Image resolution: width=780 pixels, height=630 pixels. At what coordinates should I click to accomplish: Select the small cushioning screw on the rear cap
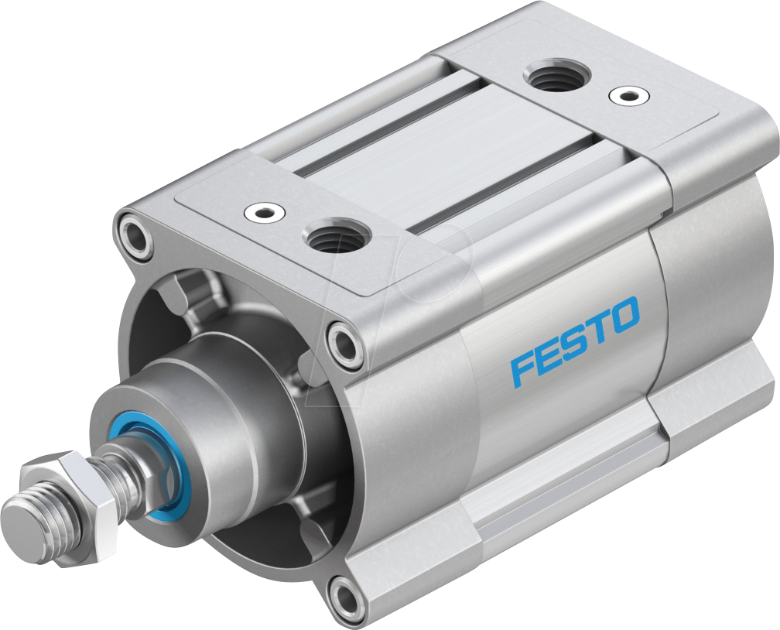click(x=624, y=96)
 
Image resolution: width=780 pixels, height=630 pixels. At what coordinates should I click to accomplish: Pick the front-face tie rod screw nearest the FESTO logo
click(x=344, y=341)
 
